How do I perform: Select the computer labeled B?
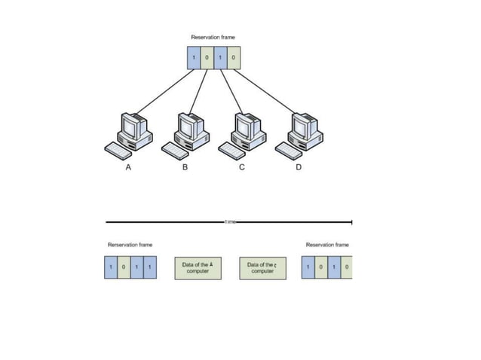[x=188, y=131]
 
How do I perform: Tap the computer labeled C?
[x=244, y=131]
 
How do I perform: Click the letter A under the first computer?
[x=127, y=168]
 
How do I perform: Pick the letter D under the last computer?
[x=297, y=168]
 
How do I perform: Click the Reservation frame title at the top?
[x=213, y=36]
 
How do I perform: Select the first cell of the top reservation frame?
[x=194, y=58]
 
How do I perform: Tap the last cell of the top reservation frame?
[x=234, y=58]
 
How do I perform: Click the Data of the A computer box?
[x=198, y=268]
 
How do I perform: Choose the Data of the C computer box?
[x=262, y=268]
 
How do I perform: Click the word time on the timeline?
[x=230, y=222]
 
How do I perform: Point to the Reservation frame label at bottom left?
[x=130, y=245]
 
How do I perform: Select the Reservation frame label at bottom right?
[x=327, y=245]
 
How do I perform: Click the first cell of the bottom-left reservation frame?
[x=112, y=268]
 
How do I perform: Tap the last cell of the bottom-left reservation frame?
[x=151, y=268]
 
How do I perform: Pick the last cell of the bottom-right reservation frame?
[x=346, y=268]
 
